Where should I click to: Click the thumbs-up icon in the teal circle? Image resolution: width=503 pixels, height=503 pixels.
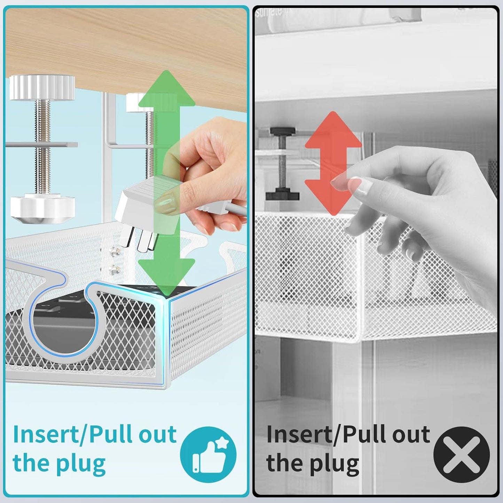[x=208, y=455]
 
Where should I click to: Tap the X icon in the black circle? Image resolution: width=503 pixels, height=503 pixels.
[x=461, y=455]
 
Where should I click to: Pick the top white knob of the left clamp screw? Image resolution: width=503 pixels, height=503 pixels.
[x=42, y=87]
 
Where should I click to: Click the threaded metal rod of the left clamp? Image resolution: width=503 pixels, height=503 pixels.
[x=42, y=146]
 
